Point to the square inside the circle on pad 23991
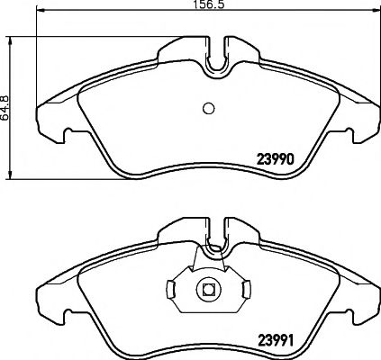coord(206,289)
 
